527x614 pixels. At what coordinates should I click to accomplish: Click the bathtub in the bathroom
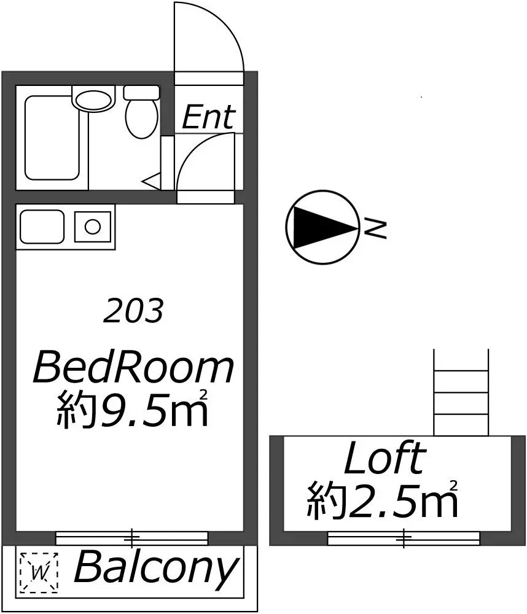coord(52,138)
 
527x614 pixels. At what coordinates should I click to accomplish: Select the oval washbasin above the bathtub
coord(93,100)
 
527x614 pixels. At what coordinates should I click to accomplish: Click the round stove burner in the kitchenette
coord(93,227)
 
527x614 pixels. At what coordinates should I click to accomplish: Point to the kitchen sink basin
coord(42,227)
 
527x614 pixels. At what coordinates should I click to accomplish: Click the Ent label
coord(209,117)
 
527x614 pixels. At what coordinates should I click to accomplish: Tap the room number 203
coord(133,311)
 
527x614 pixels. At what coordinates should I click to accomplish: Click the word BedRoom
coord(133,368)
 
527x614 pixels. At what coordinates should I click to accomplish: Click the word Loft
coord(385,457)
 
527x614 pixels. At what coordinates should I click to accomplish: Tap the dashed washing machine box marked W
coord(39,572)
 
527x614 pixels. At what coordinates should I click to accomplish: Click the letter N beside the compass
coord(375,228)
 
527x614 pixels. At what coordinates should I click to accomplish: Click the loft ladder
coord(461,392)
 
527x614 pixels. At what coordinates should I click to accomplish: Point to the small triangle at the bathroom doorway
coord(151,181)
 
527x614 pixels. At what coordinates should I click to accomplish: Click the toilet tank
coord(141,93)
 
